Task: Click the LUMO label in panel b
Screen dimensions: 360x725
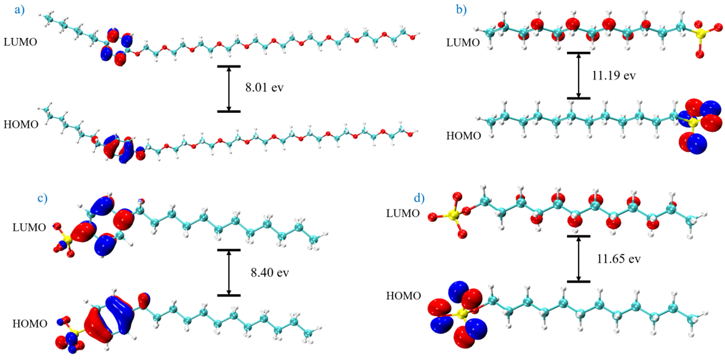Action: [x=463, y=42]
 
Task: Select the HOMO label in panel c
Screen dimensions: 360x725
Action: [x=30, y=324]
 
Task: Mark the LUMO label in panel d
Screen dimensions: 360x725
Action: [x=403, y=213]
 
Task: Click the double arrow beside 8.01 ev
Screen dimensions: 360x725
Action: [x=229, y=89]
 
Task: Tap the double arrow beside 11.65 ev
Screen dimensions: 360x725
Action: [x=578, y=259]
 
